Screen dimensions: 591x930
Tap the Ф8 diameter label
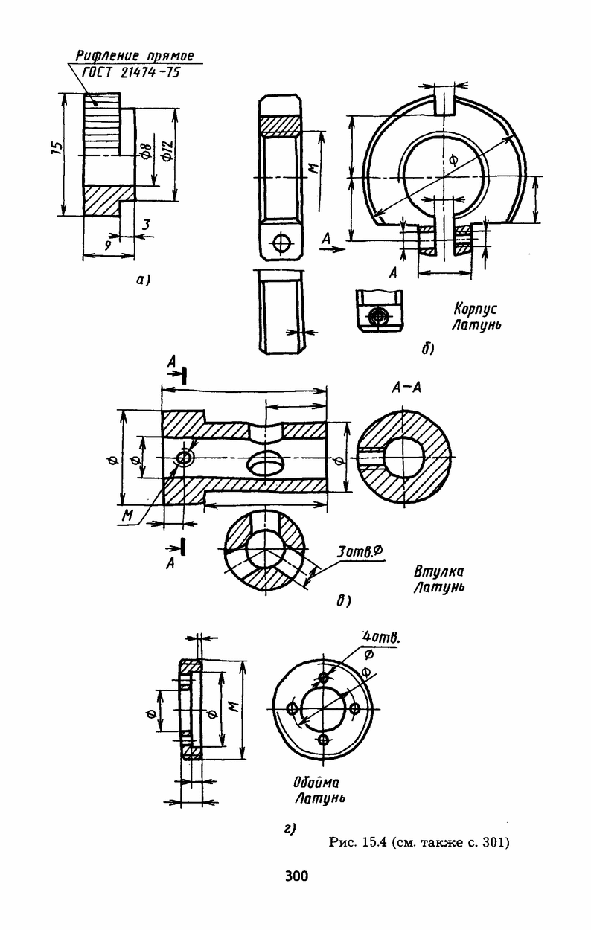tap(146, 149)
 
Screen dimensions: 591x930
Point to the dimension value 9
tap(108, 246)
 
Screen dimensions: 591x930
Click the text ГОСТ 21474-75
tap(131, 73)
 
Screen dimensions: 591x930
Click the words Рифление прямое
tap(135, 56)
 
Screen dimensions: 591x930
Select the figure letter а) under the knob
tap(144, 280)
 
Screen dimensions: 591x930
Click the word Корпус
tap(475, 310)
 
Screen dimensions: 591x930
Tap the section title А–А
tap(406, 388)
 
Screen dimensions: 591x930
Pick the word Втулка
tap(438, 571)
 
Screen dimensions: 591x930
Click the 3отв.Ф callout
tap(359, 551)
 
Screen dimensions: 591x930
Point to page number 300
tap(296, 876)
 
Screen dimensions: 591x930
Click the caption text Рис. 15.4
tap(359, 842)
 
